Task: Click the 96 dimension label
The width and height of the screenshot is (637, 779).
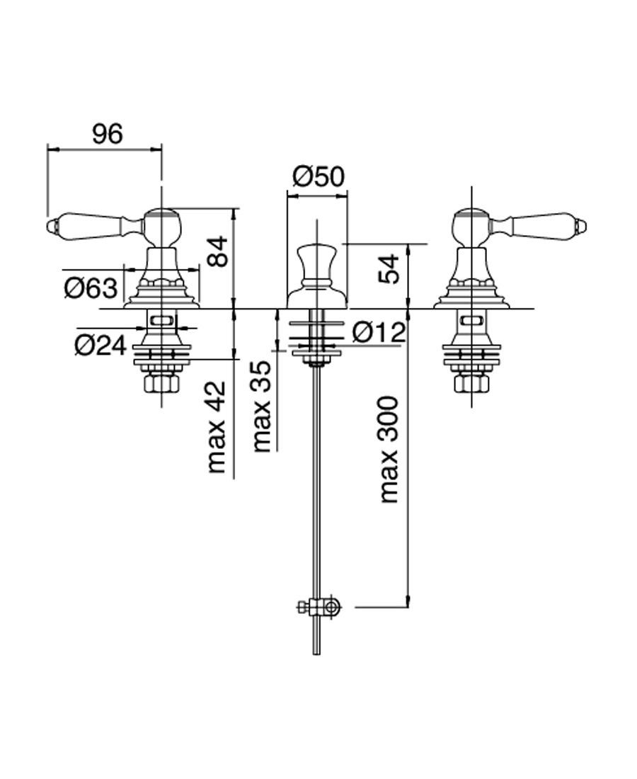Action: (x=107, y=133)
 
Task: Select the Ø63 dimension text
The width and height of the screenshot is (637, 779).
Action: (x=90, y=288)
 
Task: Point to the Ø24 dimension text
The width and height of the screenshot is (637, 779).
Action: (x=101, y=345)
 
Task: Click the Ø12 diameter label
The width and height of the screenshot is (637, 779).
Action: (x=378, y=331)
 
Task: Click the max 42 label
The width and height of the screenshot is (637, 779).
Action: (x=217, y=427)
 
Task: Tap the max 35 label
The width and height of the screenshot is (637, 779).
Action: (x=262, y=406)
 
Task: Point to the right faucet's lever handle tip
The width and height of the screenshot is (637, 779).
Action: (x=583, y=227)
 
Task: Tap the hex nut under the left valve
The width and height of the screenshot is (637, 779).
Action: (x=162, y=384)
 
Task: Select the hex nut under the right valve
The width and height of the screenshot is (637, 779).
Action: (x=471, y=384)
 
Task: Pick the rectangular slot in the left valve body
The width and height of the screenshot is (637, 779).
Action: (x=162, y=322)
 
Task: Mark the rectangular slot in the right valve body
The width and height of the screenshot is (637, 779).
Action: (x=471, y=322)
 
